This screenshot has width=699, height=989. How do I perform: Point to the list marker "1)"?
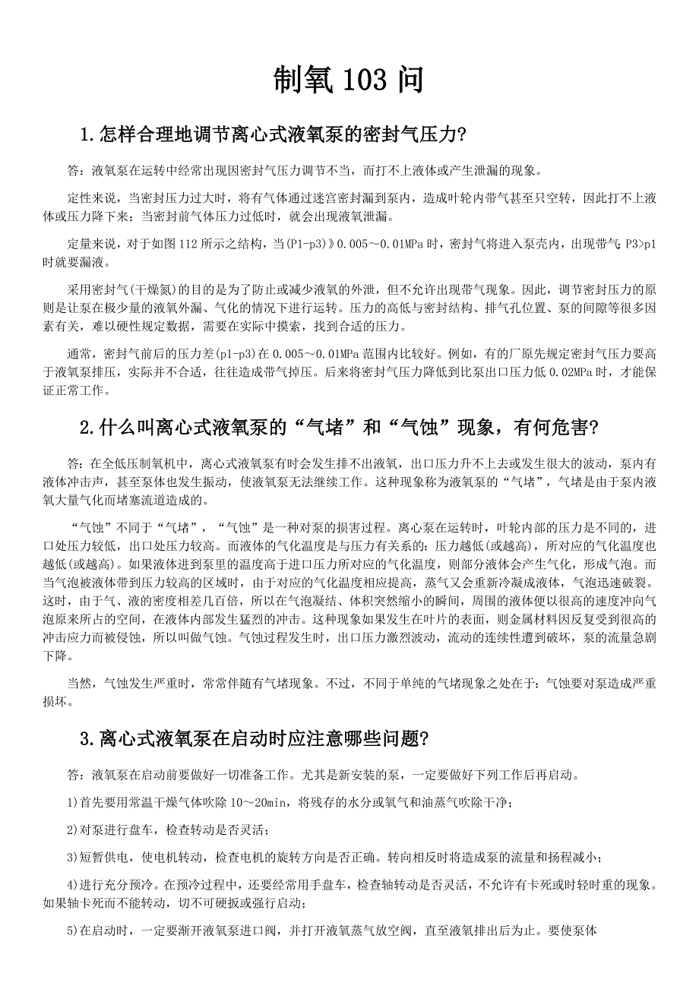pyautogui.click(x=73, y=802)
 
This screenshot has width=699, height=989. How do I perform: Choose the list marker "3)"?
pyautogui.click(x=73, y=857)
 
